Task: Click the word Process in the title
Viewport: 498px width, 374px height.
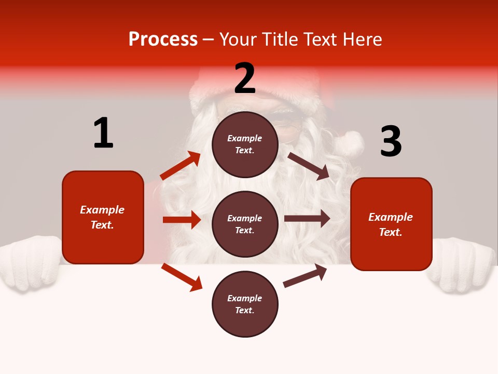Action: (163, 39)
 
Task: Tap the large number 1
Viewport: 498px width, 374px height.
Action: (103, 133)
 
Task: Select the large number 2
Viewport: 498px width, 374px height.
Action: (245, 78)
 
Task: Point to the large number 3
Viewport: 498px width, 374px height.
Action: (391, 141)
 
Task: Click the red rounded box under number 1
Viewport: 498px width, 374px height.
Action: (103, 217)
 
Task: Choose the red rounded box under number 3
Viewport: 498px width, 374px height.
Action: (391, 224)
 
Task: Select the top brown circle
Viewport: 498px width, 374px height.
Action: (245, 144)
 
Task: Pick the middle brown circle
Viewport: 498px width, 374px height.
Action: (245, 224)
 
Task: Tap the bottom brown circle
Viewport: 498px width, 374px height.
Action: (245, 304)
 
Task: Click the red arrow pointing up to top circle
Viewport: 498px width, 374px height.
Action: (181, 166)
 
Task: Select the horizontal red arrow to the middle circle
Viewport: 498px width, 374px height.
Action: (182, 220)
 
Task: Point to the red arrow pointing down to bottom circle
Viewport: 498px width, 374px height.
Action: (182, 276)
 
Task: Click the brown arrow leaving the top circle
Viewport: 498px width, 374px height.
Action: (308, 166)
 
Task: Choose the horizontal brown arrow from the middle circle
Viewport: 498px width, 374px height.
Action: (307, 219)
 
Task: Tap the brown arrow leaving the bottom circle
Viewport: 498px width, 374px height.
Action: (305, 276)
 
